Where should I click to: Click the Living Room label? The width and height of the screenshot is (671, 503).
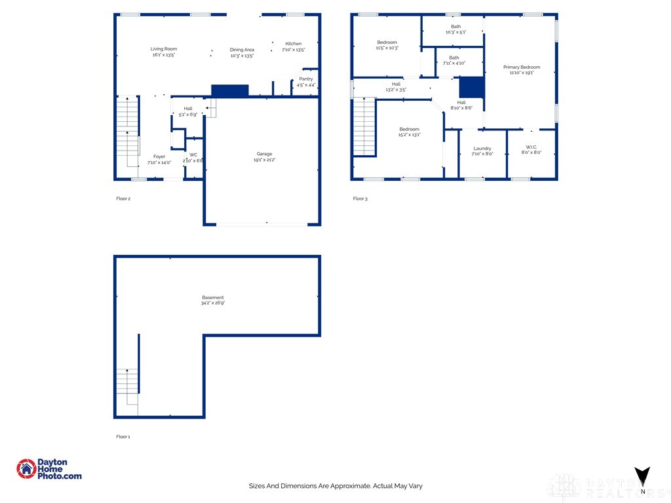(164, 49)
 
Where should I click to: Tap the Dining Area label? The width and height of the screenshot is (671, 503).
(242, 50)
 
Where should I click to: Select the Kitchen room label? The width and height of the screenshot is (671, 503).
(294, 44)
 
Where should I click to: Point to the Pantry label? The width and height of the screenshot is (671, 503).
(306, 79)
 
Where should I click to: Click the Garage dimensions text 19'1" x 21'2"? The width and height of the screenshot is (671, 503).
(264, 159)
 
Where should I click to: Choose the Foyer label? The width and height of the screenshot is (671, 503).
(159, 157)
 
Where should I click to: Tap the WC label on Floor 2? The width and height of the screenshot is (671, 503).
(193, 155)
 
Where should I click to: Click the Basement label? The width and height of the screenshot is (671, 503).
(212, 297)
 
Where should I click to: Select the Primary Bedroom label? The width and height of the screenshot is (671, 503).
(522, 67)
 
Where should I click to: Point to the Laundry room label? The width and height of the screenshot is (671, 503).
(482, 148)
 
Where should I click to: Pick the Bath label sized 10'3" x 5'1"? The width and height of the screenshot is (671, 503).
(455, 26)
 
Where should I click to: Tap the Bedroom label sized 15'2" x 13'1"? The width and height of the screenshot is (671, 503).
(410, 129)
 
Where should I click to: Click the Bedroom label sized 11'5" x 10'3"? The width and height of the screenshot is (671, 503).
(387, 43)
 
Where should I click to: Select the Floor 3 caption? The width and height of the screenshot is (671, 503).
(360, 198)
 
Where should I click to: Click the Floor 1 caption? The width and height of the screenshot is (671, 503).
(123, 436)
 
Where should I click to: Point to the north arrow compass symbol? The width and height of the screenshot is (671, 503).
(642, 477)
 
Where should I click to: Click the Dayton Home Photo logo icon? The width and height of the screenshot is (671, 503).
(27, 468)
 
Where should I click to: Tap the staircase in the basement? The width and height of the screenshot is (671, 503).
(127, 386)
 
